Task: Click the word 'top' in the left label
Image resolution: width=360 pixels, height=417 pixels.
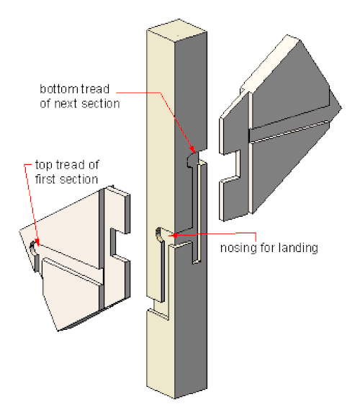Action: [x=44, y=166]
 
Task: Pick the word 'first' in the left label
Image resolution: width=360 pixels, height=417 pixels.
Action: [x=45, y=179]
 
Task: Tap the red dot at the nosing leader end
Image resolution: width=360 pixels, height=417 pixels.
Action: [x=175, y=236]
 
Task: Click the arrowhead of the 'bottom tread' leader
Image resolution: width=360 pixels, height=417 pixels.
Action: [x=192, y=149]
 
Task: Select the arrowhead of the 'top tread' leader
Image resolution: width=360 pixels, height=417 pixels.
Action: [x=37, y=242]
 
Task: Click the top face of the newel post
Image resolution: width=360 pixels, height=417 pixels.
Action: [x=177, y=30]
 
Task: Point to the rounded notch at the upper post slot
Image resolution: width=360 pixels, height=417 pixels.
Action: [x=192, y=160]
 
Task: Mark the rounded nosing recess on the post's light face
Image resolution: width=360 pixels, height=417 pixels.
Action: [x=159, y=235]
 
